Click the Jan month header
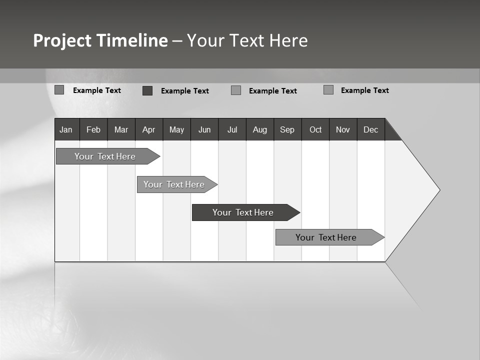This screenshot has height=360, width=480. (x=66, y=129)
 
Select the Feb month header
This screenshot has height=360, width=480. (x=93, y=129)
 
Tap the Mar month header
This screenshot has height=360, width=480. (x=121, y=129)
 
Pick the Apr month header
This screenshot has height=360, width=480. (x=149, y=129)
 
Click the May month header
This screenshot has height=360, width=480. (x=176, y=129)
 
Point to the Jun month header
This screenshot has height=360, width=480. (x=204, y=129)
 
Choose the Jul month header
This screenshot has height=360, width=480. (x=232, y=129)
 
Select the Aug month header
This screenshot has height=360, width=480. (x=260, y=129)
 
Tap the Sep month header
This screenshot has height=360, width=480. (x=287, y=129)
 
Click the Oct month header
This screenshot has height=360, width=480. (x=315, y=129)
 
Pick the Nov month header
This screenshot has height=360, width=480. (x=343, y=129)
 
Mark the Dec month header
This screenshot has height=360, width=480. (x=371, y=129)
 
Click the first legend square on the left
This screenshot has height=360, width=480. (x=59, y=90)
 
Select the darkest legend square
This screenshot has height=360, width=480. (x=147, y=90)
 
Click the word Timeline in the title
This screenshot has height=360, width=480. (x=132, y=40)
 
